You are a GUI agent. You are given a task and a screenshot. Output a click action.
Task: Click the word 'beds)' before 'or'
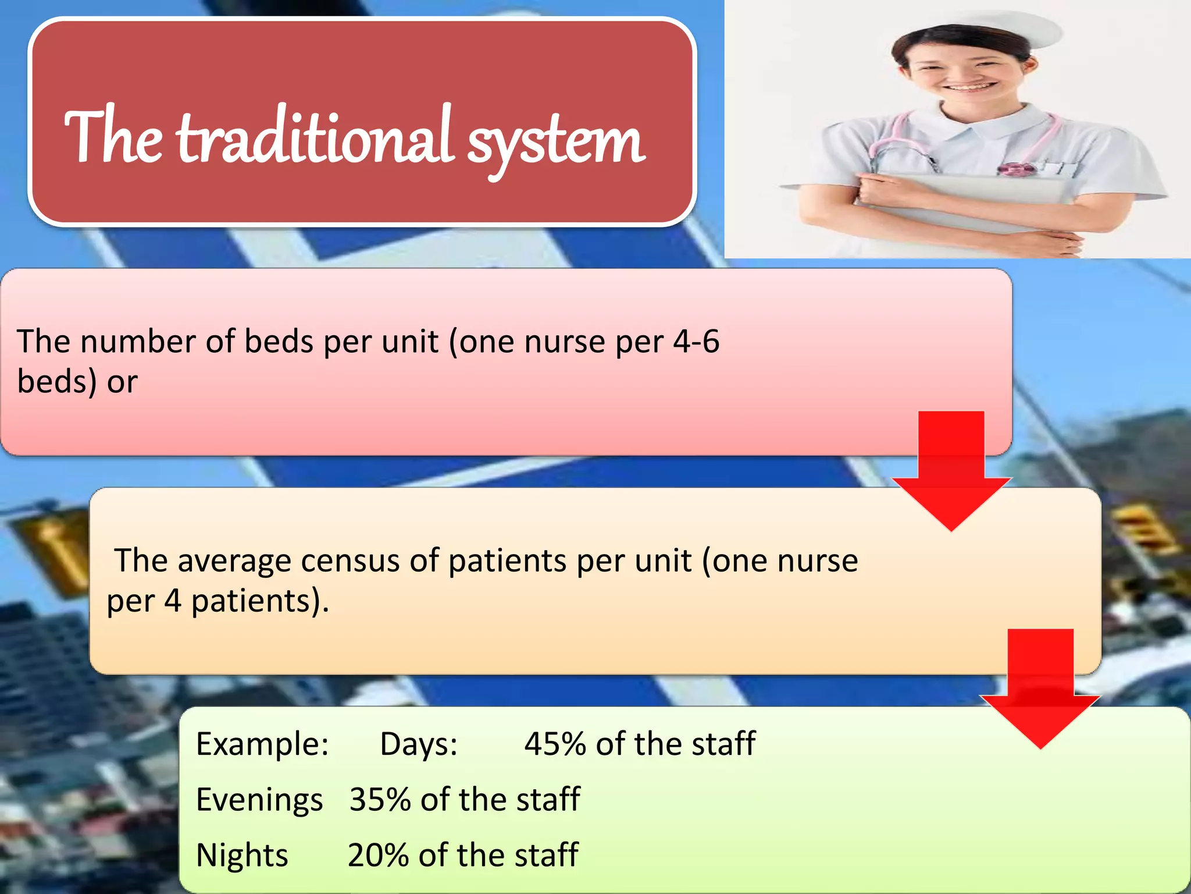(x=56, y=383)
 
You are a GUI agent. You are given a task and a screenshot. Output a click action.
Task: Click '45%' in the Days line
(x=555, y=744)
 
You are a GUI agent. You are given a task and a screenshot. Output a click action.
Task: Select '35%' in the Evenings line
(x=380, y=800)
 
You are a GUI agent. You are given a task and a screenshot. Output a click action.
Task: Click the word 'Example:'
(x=262, y=745)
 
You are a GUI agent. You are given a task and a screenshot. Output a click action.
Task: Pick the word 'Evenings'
(x=259, y=800)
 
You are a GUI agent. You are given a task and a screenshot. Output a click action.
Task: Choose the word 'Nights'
(x=242, y=856)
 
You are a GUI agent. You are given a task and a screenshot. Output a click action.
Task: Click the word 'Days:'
(x=419, y=744)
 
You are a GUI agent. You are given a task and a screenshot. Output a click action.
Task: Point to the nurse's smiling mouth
(x=970, y=88)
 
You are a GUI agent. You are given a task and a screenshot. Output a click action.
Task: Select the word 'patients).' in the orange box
(x=260, y=602)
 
